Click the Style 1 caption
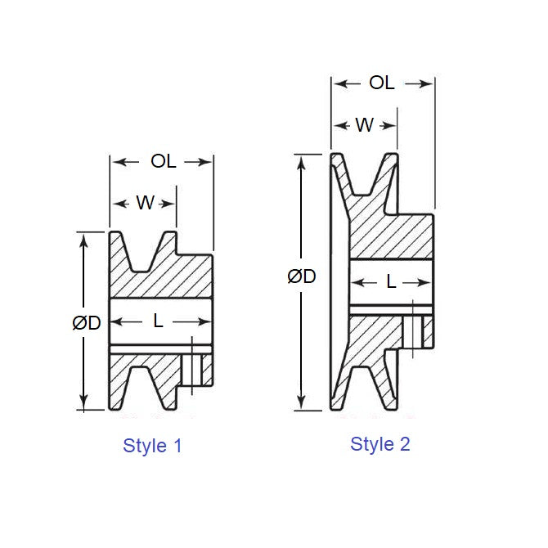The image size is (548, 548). [x=152, y=446]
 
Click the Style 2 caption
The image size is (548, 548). [x=380, y=444]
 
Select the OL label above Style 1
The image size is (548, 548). [x=163, y=161]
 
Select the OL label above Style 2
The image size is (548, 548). [x=382, y=83]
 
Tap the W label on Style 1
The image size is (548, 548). [x=145, y=203]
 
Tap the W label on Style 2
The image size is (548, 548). [x=365, y=125]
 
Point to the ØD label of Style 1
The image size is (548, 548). [x=86, y=323]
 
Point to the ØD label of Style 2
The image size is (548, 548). [x=301, y=276]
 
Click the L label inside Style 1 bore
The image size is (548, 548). [x=159, y=321]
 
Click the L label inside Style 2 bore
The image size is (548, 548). [x=391, y=282]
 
